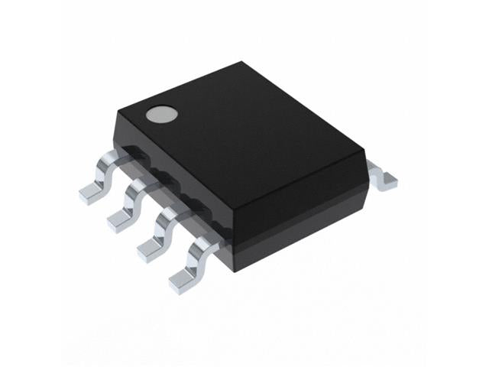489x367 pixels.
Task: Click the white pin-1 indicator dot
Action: point(162,114)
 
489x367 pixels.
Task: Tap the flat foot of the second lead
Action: point(118,220)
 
